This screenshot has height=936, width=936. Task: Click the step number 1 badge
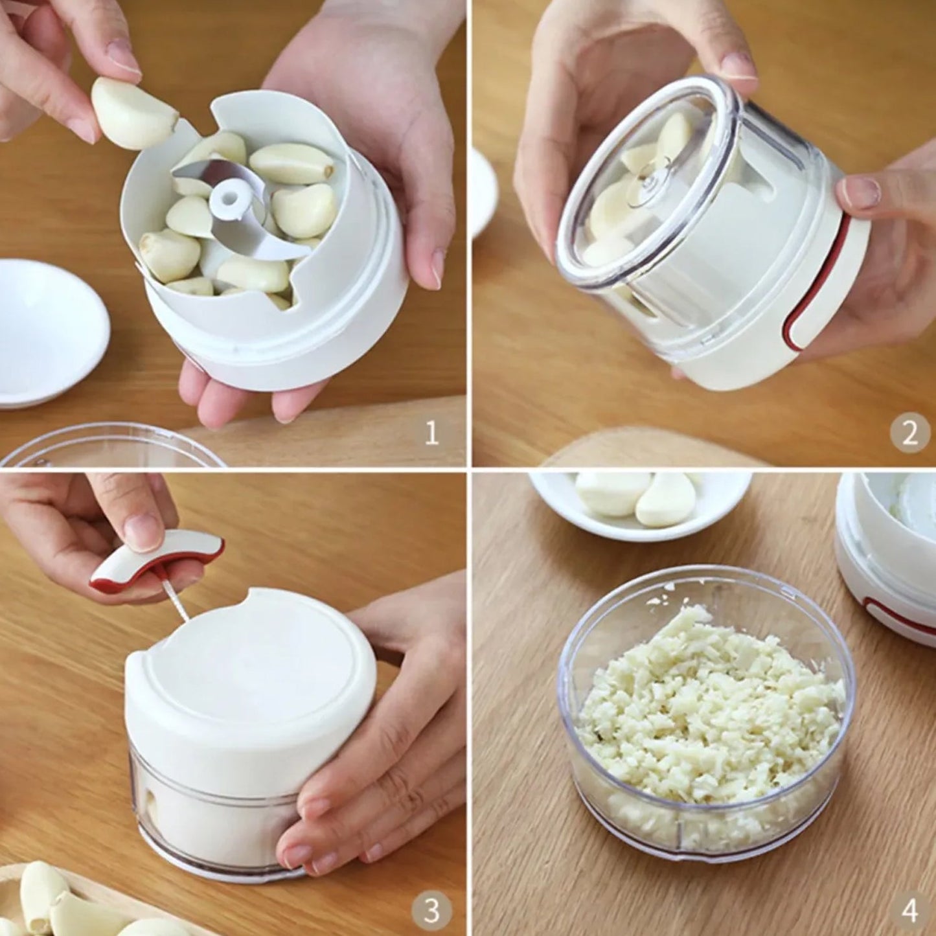[431, 432]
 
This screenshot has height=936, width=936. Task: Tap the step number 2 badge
[909, 432]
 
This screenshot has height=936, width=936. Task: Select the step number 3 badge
[431, 910]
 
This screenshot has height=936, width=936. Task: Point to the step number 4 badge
[909, 910]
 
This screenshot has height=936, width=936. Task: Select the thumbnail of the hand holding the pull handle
[144, 531]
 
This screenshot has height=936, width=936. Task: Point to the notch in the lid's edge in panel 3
[259, 596]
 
